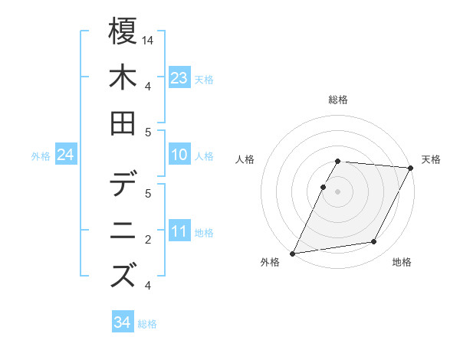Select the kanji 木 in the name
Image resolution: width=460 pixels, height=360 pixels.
pos(123,78)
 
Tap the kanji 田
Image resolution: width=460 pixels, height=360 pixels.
pos(123,124)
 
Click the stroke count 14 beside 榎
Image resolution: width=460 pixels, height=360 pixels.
pos(148,39)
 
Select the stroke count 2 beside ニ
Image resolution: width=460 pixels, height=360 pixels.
pos(148,239)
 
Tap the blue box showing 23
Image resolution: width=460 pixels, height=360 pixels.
pos(179,77)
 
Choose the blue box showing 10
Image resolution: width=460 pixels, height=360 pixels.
pos(179,155)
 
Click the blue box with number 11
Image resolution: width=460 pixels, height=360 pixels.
pos(179,231)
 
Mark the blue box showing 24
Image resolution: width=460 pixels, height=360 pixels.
pos(66,155)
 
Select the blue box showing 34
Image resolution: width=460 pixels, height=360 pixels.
pos(122,322)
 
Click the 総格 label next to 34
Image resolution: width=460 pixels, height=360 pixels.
pos(147,324)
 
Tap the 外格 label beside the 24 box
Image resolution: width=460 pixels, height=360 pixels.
pos(41,156)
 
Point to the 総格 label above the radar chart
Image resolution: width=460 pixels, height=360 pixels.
pos(338,100)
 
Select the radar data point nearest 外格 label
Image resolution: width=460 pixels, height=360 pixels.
pos(292,253)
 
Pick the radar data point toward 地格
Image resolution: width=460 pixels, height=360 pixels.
pos(374,241)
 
